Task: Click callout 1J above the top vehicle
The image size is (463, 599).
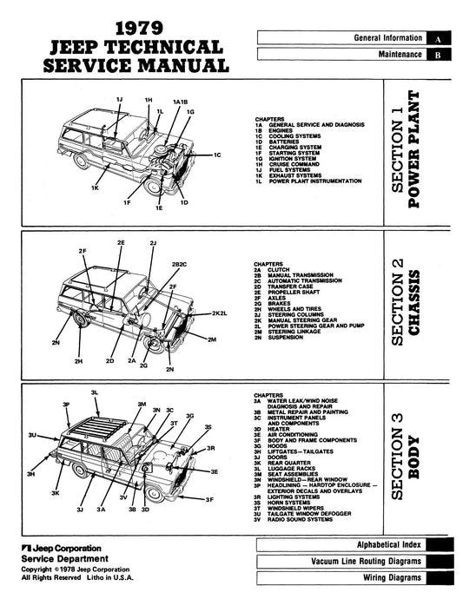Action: coord(119,102)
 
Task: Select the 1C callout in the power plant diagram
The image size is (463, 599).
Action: coord(219,155)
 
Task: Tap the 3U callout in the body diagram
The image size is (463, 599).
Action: coord(32,433)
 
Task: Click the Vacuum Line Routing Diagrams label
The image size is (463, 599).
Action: coord(367,562)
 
